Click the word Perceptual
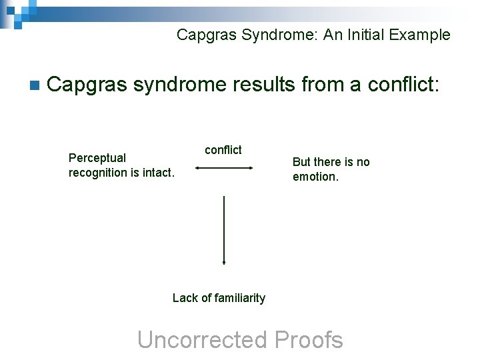97,158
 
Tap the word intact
157,173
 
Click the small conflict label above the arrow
223,150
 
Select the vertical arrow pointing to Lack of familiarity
224,230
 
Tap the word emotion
315,177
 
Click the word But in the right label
303,162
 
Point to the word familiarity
237,298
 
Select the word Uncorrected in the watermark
202,340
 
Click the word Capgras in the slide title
201,35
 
